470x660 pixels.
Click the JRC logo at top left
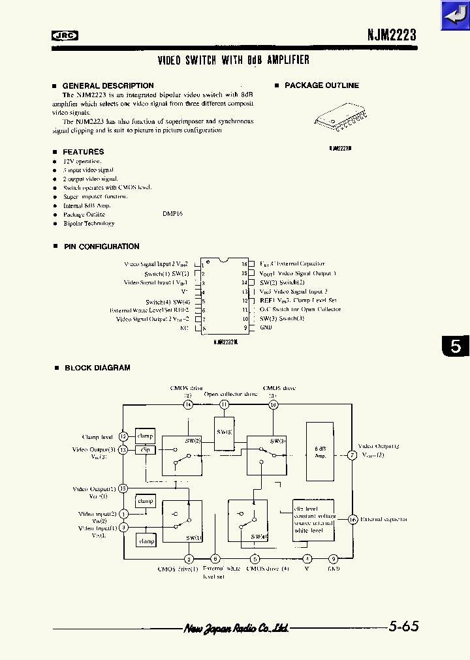pyautogui.click(x=65, y=37)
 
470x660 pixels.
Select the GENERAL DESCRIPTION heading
pyautogui.click(x=108, y=85)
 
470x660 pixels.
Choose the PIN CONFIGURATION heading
pyautogui.click(x=101, y=247)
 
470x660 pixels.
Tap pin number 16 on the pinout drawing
pyautogui.click(x=243, y=264)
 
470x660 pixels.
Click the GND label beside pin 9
pyautogui.click(x=266, y=327)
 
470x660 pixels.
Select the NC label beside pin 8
pyautogui.click(x=184, y=328)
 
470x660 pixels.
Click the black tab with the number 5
pyautogui.click(x=455, y=346)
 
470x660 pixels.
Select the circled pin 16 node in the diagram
pyautogui.click(x=352, y=519)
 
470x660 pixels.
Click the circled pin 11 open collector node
pyautogui.click(x=224, y=404)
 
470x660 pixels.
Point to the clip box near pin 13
pyautogui.click(x=145, y=449)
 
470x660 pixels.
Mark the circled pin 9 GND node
pyautogui.click(x=333, y=558)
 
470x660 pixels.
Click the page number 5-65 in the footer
pyautogui.click(x=403, y=627)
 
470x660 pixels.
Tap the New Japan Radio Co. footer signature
pyautogui.click(x=236, y=628)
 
